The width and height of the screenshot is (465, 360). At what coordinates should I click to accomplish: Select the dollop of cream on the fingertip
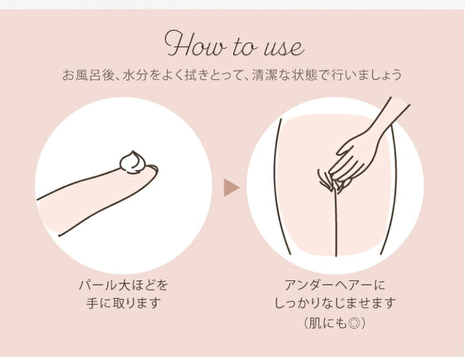point(132,162)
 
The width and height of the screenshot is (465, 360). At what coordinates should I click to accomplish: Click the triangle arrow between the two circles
point(231,187)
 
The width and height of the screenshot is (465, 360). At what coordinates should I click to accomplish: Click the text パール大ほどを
point(123,285)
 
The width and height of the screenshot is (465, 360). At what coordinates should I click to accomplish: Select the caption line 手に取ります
point(123,303)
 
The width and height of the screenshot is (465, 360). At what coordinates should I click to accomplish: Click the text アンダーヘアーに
point(335,285)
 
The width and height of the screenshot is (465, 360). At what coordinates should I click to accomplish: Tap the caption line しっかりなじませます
point(335,303)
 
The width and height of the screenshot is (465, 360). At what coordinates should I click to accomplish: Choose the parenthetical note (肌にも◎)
point(335,323)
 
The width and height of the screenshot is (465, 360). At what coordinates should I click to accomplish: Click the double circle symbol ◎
point(353,323)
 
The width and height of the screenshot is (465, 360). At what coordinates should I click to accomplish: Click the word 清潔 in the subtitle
point(265,75)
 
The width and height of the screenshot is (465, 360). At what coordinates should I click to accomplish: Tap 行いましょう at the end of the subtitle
point(367,75)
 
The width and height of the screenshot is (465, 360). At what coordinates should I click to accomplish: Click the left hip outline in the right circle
point(283,187)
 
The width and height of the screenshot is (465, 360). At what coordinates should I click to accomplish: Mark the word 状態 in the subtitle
point(305,75)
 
